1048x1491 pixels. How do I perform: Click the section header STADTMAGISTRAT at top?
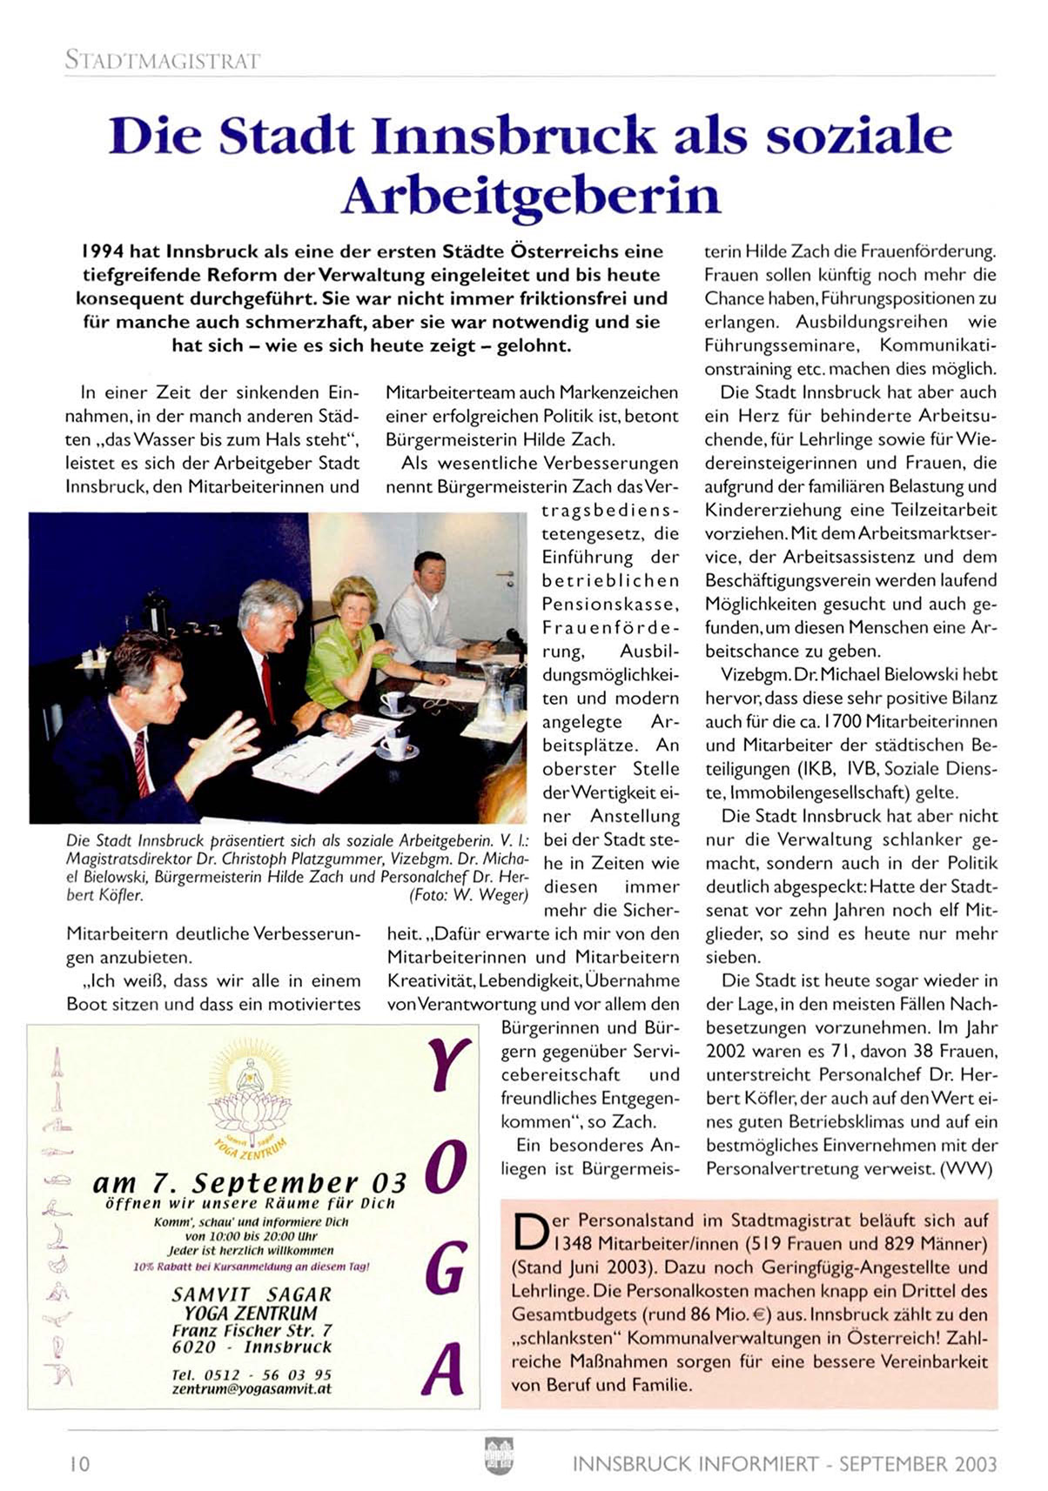pos(162,60)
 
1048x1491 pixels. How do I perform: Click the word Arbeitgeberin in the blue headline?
pos(531,196)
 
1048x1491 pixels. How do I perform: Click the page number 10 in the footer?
pos(79,1463)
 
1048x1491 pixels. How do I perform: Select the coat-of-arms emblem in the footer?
pos(499,1455)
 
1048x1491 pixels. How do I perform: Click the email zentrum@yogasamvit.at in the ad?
pos(252,1389)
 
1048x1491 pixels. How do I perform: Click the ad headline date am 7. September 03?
pos(250,1183)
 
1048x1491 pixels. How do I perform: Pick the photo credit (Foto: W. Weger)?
pos(468,894)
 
